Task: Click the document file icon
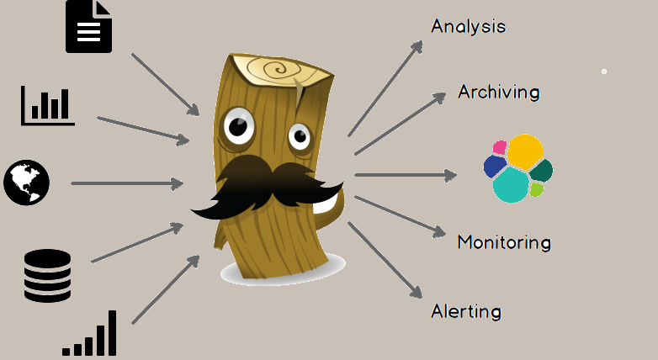point(88,26)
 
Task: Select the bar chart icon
point(48,105)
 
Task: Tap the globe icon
point(26,183)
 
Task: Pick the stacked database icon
point(47,275)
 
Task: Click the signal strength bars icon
point(90,336)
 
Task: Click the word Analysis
point(468,26)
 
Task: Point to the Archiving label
point(498,92)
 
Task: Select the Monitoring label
point(503,242)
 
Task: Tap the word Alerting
point(465,311)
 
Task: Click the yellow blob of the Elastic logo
point(525,151)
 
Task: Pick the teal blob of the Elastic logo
point(510,185)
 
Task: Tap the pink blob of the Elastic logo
point(500,147)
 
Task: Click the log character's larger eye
point(238,127)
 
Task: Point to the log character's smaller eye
point(299,136)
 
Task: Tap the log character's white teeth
point(324,203)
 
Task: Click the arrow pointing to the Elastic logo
point(405,175)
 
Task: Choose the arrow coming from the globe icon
point(127,183)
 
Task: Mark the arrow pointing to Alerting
point(385,260)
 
